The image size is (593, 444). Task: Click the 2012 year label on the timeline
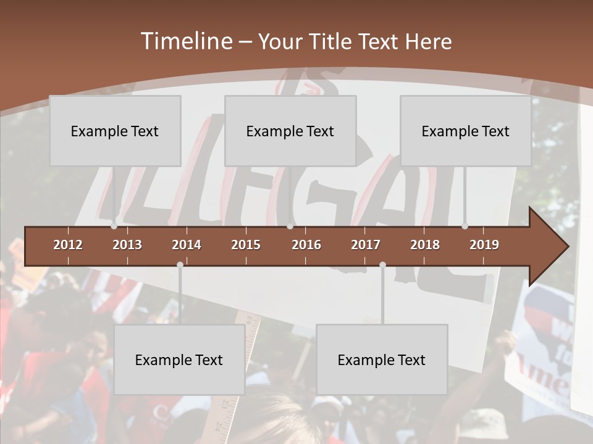coord(68,245)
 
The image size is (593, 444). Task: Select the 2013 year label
coord(127,245)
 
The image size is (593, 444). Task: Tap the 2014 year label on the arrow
coord(187,245)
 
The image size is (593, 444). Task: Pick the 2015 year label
coord(246,245)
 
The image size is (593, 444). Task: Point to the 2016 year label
coord(306,245)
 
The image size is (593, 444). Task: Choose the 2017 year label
coord(366,245)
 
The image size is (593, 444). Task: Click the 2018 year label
coord(425,245)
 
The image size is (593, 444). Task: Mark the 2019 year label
coord(484,245)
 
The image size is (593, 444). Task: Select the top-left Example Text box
coord(115,131)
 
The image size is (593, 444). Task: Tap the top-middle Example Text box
coord(290,131)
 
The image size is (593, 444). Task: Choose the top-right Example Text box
coord(466,131)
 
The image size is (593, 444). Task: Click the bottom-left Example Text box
coord(179,360)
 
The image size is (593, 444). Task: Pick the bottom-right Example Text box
coord(382,360)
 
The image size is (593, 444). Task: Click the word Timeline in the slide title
coord(185,41)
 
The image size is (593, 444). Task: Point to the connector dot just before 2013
coord(114,226)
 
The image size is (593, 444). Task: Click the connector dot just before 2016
coord(290,226)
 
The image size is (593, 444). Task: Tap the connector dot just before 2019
coord(465,226)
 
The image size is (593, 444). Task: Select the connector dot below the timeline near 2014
coord(180,265)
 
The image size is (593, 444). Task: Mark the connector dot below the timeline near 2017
coord(382,265)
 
